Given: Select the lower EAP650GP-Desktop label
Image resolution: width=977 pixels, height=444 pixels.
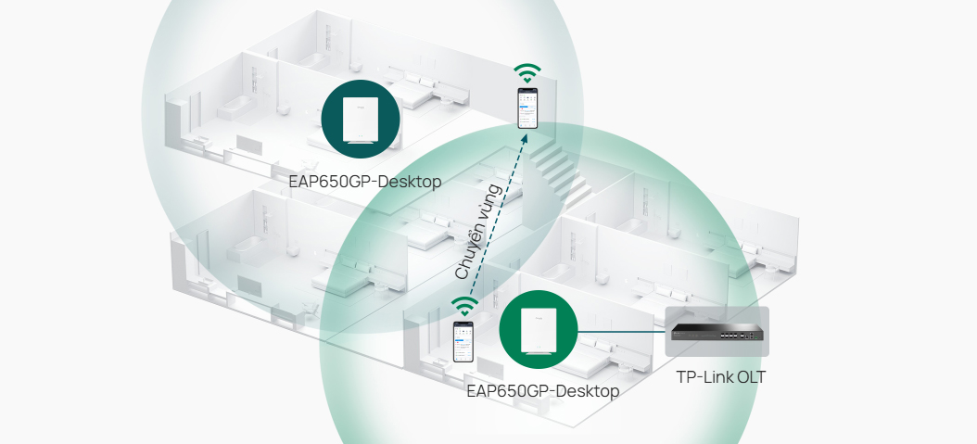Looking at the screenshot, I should [542, 391].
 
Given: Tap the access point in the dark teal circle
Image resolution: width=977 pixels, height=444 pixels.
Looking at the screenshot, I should [358, 117].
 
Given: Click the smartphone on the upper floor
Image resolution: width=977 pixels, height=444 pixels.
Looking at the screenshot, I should [527, 108].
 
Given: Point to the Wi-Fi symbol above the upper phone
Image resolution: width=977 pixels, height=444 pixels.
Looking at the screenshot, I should [527, 73].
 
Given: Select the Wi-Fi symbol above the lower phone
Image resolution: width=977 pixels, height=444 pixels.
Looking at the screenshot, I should [464, 305].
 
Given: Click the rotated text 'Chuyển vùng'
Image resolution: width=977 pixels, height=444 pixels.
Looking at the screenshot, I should [478, 233].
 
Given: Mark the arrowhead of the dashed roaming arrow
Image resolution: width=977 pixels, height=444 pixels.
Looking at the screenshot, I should [525, 138].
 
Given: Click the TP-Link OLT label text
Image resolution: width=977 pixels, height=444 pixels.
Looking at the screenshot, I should [720, 376].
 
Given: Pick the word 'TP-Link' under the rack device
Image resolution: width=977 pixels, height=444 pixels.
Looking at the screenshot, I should [703, 376].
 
